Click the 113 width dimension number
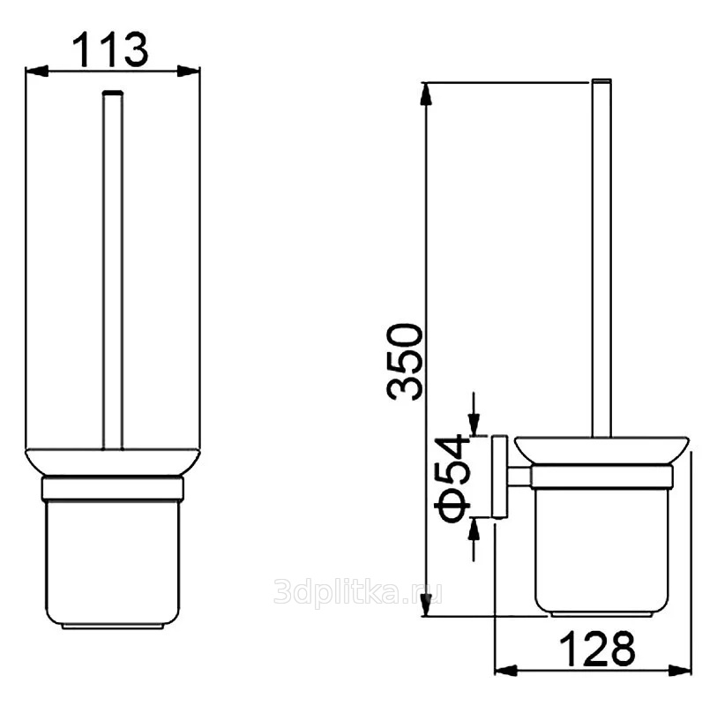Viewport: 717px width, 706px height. [110, 49]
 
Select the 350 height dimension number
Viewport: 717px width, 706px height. [404, 362]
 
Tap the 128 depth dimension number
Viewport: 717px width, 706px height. [597, 649]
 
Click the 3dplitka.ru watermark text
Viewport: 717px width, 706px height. [357, 591]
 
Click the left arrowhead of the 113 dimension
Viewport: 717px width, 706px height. [36, 71]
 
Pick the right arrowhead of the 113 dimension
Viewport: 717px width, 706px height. [189, 71]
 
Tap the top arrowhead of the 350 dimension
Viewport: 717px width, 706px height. [426, 94]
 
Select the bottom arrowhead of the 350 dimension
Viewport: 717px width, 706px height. [426, 605]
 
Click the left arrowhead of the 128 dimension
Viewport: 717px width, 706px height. [506, 671]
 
